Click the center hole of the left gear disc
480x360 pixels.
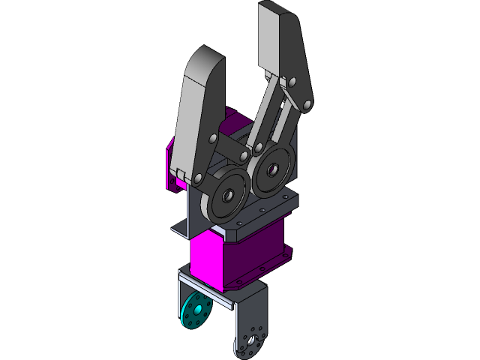pyautogui.click(x=226, y=195)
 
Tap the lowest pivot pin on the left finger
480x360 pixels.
pyautogui.click(x=198, y=178)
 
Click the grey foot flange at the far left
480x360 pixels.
pyautogui.click(x=180, y=226)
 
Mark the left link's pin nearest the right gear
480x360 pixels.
pyautogui.click(x=244, y=155)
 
